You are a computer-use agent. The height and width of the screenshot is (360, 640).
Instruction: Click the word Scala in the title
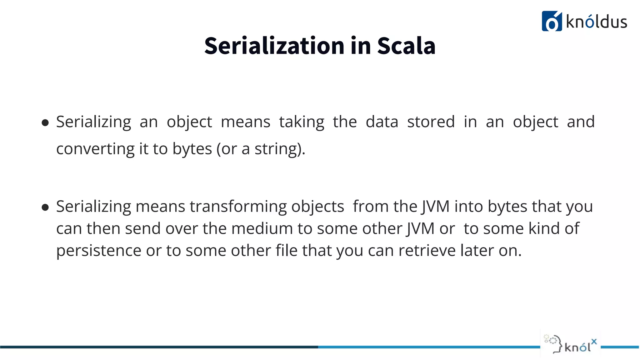406,46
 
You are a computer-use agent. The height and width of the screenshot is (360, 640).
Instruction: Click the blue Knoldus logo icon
552,21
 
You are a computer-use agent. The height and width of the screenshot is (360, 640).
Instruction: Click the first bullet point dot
45,122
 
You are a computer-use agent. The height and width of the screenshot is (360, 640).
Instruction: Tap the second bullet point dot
45,207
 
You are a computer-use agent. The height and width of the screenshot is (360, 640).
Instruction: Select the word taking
302,122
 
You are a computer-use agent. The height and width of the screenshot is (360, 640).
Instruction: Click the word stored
431,122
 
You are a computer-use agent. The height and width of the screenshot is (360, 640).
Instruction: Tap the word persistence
99,251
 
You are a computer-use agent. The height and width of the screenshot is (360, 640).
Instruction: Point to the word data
382,122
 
